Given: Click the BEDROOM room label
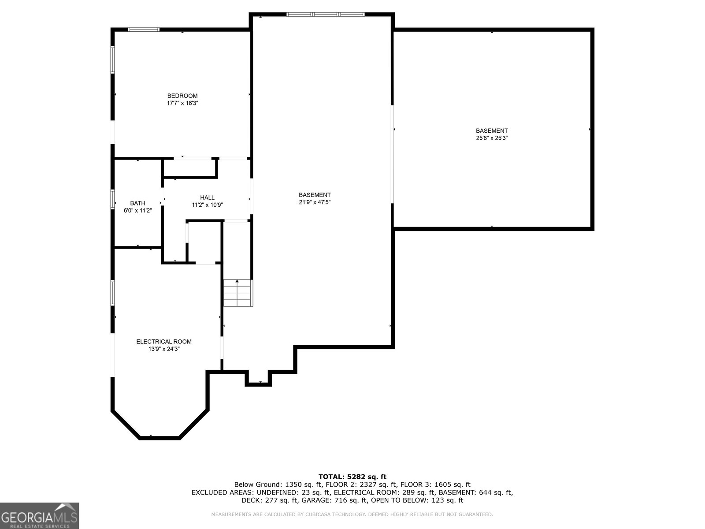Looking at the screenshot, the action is (182, 96).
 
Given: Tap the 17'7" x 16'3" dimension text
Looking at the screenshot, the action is (182, 103).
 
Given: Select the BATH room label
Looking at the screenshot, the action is (137, 203).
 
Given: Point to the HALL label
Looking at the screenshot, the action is (207, 197).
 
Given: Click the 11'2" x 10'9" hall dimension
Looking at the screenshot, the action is (207, 205).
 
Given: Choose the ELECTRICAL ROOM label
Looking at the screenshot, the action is (164, 341).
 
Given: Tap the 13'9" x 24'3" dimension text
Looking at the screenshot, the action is (164, 349).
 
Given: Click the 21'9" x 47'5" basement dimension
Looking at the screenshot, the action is (315, 202).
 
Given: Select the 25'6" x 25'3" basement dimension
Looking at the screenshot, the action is (492, 138).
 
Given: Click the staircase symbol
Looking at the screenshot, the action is (238, 293).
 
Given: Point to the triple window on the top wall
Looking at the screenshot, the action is (325, 14).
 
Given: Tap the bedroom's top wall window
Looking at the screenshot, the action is (144, 30).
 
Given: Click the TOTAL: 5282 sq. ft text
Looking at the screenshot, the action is (352, 477).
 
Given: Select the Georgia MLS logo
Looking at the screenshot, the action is (39, 515).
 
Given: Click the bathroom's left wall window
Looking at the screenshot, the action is (113, 199).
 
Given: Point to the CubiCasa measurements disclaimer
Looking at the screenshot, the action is (352, 514).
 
